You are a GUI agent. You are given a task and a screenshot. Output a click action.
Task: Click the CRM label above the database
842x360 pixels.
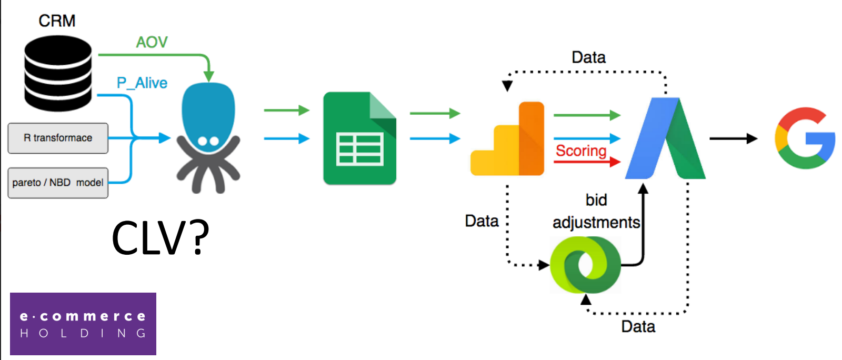tap(57, 21)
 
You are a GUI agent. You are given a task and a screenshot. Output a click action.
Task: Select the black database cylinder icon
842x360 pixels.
tap(58, 73)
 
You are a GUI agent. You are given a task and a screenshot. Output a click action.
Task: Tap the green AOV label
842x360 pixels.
tap(152, 42)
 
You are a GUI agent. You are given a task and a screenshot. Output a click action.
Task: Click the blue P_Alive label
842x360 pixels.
tap(142, 83)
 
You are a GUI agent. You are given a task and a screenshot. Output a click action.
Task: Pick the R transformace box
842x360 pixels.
tap(58, 138)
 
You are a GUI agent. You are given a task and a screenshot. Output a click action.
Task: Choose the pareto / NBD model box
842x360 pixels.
tap(58, 183)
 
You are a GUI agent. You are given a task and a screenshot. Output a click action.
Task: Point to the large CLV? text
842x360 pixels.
tap(161, 238)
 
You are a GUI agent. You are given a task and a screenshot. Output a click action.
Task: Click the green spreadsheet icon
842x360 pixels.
tap(359, 138)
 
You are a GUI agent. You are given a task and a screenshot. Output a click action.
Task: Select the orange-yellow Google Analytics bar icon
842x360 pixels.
tap(507, 139)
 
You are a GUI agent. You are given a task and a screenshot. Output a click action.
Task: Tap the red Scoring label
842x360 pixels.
tap(581, 151)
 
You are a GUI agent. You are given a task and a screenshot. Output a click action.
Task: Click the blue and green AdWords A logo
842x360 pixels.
tap(665, 139)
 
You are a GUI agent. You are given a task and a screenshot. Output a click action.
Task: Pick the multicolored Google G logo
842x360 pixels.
tap(805, 138)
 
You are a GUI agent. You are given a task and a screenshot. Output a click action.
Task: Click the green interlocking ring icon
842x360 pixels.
tap(585, 265)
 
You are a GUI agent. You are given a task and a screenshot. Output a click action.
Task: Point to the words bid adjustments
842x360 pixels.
tap(596, 211)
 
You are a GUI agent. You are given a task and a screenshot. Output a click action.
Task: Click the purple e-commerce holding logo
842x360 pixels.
tap(83, 324)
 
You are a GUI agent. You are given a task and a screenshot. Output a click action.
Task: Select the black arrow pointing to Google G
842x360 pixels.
tap(733, 138)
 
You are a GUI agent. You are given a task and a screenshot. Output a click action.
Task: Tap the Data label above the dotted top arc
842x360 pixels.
tap(588, 57)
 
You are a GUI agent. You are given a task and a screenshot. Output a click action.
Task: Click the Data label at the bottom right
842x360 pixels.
tap(638, 326)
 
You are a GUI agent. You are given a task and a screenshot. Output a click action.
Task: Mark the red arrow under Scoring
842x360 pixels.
tap(587, 162)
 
